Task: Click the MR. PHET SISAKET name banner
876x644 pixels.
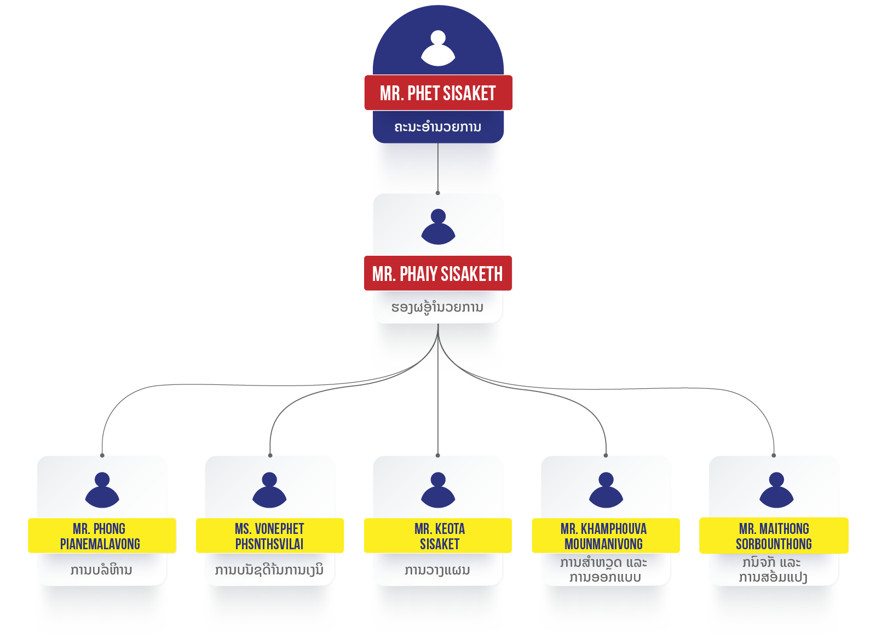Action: [438, 93]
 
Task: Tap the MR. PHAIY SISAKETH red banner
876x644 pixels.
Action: [437, 273]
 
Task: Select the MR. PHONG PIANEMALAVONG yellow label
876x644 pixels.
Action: [101, 536]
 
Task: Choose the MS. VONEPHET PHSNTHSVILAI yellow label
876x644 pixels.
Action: [269, 536]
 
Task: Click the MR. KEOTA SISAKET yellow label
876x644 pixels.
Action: [438, 536]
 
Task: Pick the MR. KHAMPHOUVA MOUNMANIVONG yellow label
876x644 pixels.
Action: [605, 536]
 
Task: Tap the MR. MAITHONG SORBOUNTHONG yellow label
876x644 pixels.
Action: [773, 536]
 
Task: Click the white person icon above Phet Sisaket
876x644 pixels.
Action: [438, 48]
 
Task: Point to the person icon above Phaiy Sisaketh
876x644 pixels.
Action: [438, 227]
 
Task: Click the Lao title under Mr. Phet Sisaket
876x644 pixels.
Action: [438, 127]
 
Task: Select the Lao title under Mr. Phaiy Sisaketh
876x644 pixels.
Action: [437, 307]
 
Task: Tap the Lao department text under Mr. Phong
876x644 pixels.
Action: [101, 570]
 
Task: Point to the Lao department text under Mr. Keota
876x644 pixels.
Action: [437, 570]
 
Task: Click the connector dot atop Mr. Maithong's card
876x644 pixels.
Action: [774, 455]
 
